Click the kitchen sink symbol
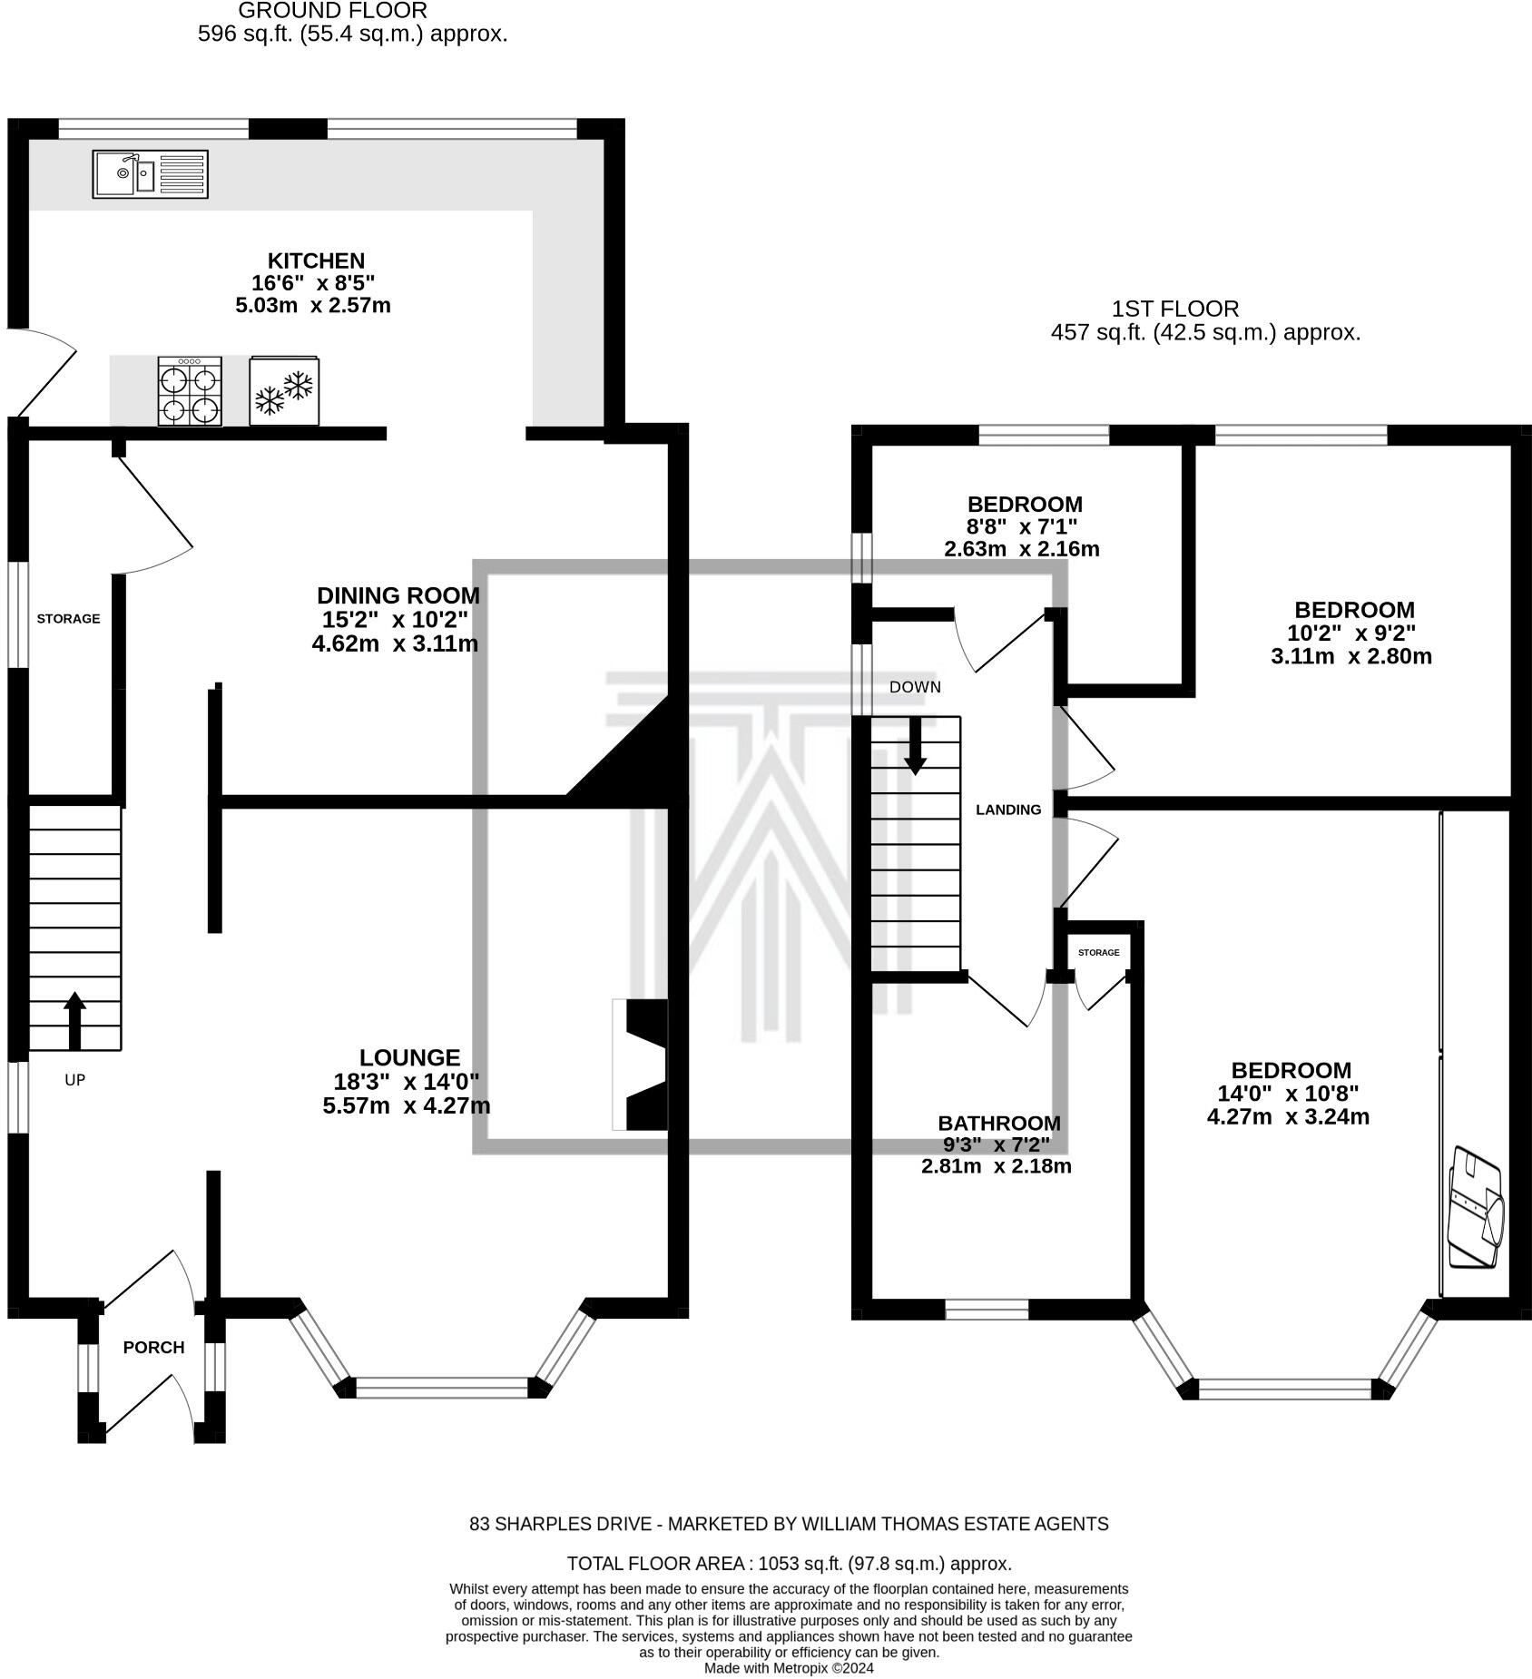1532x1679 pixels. pyautogui.click(x=151, y=174)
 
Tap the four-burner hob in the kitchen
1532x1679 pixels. pyautogui.click(x=190, y=391)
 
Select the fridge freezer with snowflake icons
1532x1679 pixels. pyautogui.click(x=285, y=390)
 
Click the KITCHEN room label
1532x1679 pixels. pyautogui.click(x=316, y=260)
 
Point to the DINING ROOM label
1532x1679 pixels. pyautogui.click(x=398, y=595)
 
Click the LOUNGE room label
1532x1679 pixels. pyautogui.click(x=410, y=1057)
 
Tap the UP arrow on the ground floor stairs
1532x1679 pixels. pyautogui.click(x=75, y=1021)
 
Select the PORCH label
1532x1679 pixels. pyautogui.click(x=154, y=1348)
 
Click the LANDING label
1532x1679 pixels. pyautogui.click(x=1008, y=810)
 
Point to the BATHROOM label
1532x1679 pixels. pyautogui.click(x=999, y=1124)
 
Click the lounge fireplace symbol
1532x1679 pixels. pyautogui.click(x=641, y=1065)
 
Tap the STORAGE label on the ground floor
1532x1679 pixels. pyautogui.click(x=68, y=619)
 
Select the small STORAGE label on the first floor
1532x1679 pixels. pyautogui.click(x=1099, y=952)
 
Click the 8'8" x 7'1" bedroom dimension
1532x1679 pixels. pyautogui.click(x=1022, y=526)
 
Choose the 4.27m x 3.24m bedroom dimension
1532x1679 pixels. pyautogui.click(x=1288, y=1117)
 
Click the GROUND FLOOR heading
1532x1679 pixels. pyautogui.click(x=332, y=11)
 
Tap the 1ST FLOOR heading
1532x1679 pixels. pyautogui.click(x=1175, y=309)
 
